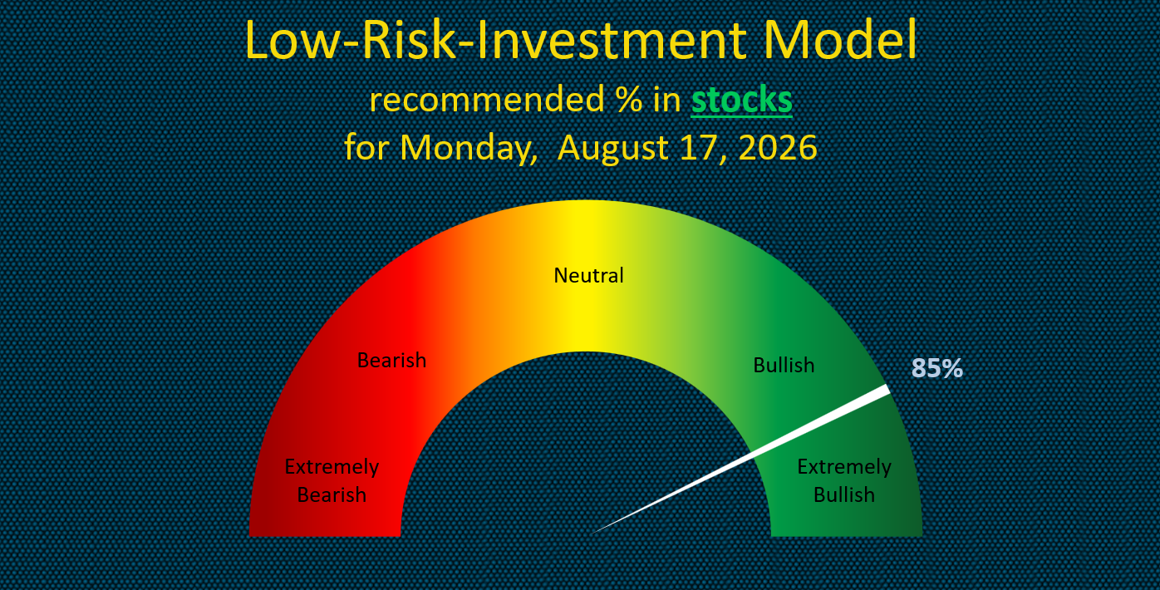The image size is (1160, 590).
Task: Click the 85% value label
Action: click(936, 368)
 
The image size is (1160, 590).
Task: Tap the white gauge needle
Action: click(740, 460)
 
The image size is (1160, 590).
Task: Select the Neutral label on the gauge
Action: click(588, 275)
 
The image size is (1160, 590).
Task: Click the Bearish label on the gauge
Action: click(391, 360)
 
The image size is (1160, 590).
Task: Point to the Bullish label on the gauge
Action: click(784, 365)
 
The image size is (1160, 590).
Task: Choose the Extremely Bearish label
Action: click(332, 480)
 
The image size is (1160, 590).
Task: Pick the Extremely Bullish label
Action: click(844, 480)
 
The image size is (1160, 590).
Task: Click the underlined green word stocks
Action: click(741, 100)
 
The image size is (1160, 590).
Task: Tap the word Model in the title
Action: click(840, 40)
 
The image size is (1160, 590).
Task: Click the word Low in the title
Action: click(292, 40)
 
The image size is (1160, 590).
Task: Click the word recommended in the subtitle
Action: click(487, 100)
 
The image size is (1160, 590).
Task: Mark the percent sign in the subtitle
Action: click(630, 100)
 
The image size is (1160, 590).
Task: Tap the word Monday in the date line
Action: click(469, 148)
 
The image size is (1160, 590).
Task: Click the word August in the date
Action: click(613, 149)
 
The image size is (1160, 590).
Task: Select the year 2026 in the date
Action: click(778, 148)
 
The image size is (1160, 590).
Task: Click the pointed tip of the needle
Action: click(591, 534)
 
